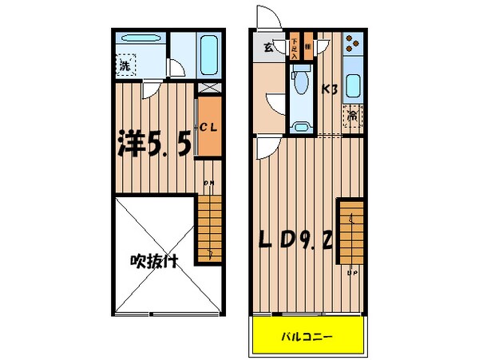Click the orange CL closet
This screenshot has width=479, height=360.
[208, 127]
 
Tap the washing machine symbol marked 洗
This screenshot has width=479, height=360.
[126, 66]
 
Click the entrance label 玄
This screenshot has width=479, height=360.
[269, 45]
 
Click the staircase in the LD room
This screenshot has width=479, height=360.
[350, 231]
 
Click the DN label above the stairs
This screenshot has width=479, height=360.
[209, 184]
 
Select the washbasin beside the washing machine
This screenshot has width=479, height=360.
[141, 39]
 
